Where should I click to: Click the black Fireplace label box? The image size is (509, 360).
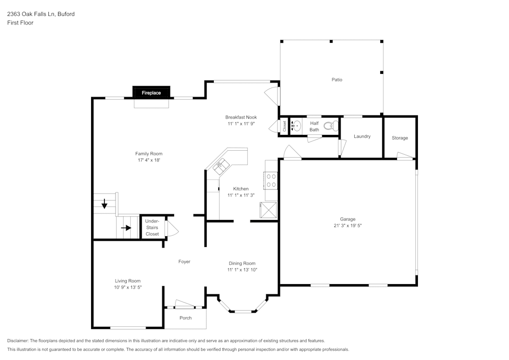point(151,93)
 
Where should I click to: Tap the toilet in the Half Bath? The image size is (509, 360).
point(331,126)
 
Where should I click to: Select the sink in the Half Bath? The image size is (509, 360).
point(296,125)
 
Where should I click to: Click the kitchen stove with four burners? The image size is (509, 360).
point(271,180)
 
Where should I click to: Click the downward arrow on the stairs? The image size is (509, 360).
point(104,205)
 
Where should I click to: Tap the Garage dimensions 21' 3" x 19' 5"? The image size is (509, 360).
point(348,225)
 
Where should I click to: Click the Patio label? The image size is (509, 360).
point(337,79)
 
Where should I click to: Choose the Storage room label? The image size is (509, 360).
point(400,138)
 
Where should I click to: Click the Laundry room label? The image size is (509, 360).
point(362,136)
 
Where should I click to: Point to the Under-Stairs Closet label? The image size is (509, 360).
point(152,228)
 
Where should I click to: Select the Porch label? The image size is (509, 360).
point(186,318)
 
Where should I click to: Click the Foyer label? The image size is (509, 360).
point(184,262)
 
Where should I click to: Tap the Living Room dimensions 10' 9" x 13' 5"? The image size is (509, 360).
point(127,287)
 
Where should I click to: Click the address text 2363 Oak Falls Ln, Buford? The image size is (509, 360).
point(41,14)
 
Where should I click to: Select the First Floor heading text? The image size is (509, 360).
point(20,23)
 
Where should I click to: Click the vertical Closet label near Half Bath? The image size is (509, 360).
point(284,126)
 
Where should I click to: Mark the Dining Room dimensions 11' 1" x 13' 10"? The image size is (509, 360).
point(242,270)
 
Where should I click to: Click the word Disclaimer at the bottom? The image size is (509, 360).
point(18,341)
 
